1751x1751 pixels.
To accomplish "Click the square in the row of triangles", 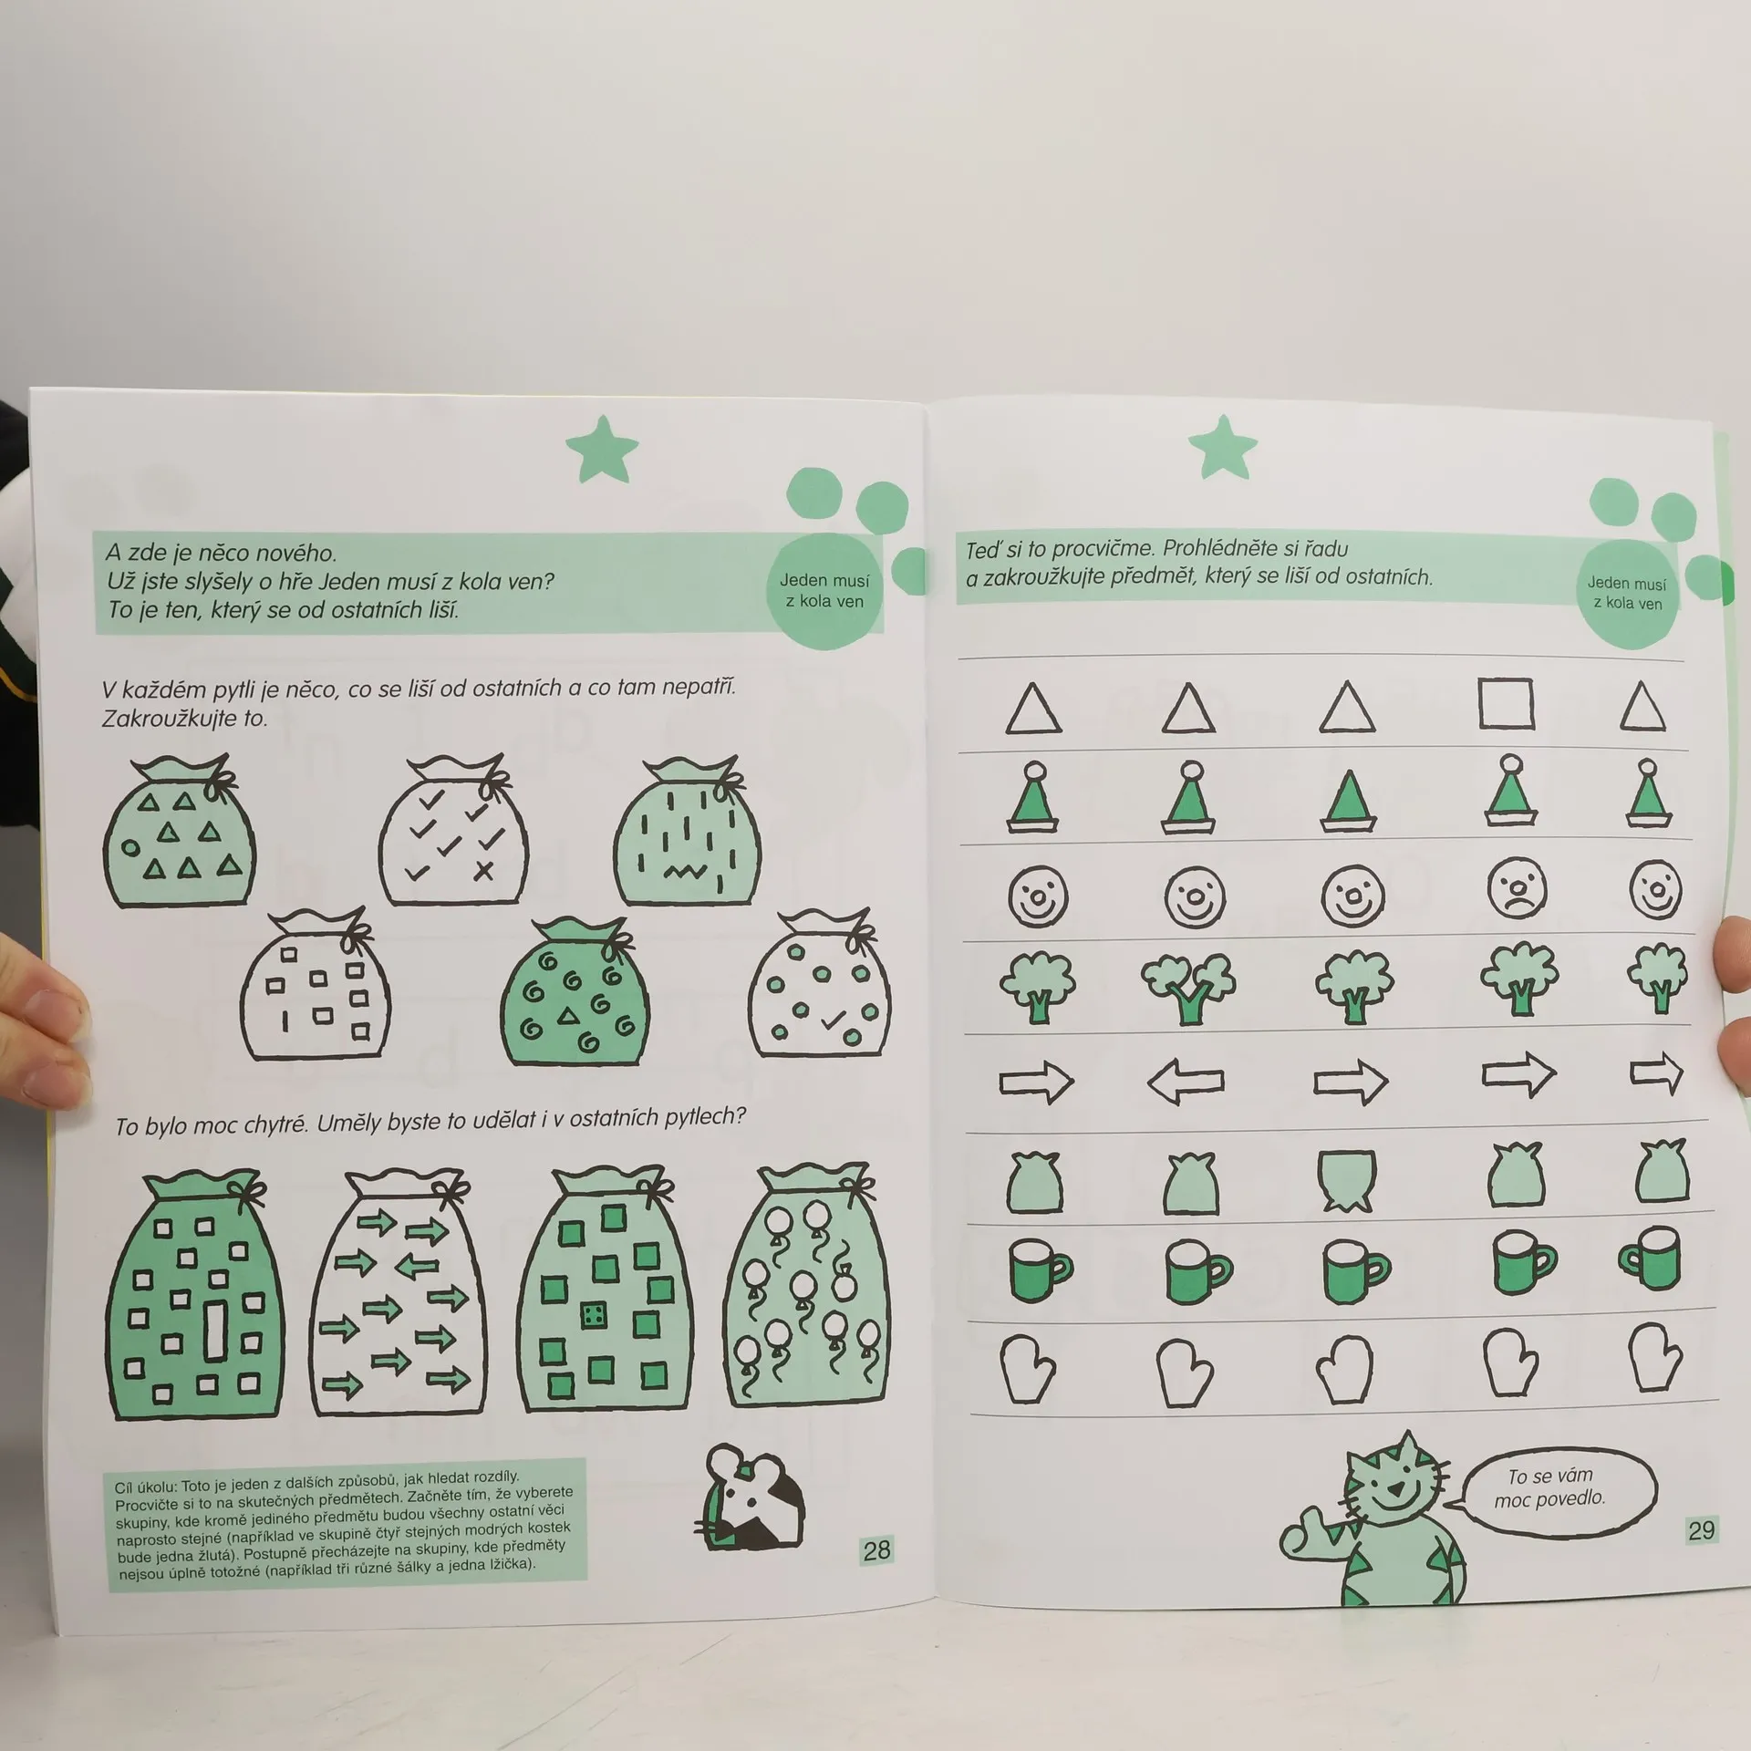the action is tap(1505, 702).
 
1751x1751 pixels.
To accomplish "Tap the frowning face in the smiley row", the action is tap(1517, 888).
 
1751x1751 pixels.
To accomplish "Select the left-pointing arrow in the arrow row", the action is tap(1186, 1082).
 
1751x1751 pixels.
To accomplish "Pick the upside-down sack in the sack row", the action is tap(1346, 1179).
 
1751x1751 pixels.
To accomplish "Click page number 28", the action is tap(876, 1549).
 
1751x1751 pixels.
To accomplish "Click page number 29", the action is tap(1702, 1530).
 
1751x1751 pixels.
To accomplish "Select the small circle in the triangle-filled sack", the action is tap(130, 848).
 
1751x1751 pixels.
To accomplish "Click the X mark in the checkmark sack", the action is tap(483, 870).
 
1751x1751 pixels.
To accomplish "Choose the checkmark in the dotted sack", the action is tap(833, 1019).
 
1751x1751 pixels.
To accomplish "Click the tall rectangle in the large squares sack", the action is tap(216, 1330).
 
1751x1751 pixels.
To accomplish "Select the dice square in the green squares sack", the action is tap(594, 1314).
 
